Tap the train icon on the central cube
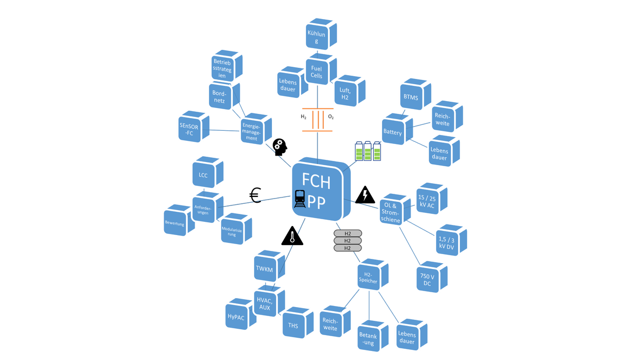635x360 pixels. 300,199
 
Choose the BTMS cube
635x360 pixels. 411,97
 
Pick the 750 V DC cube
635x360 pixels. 427,280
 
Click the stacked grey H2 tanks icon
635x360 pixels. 348,241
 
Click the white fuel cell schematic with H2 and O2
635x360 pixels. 317,120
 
